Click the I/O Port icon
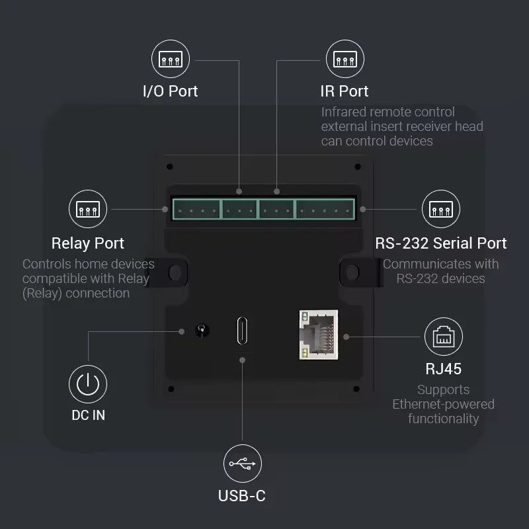tap(171, 60)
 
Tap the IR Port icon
tap(345, 60)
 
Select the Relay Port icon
tap(88, 210)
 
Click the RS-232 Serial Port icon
tap(441, 210)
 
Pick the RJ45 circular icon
tap(443, 337)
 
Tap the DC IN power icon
tap(88, 384)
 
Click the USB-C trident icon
tap(242, 464)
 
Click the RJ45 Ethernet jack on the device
tap(318, 335)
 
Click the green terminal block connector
tap(263, 210)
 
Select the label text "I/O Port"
tap(171, 91)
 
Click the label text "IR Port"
tap(345, 91)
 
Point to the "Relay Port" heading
tap(88, 243)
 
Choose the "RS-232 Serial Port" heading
tap(441, 243)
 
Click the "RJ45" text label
tap(443, 368)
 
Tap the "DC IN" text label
tap(88, 415)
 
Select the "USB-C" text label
tap(242, 495)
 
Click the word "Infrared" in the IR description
tap(346, 112)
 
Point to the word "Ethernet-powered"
tap(443, 404)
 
